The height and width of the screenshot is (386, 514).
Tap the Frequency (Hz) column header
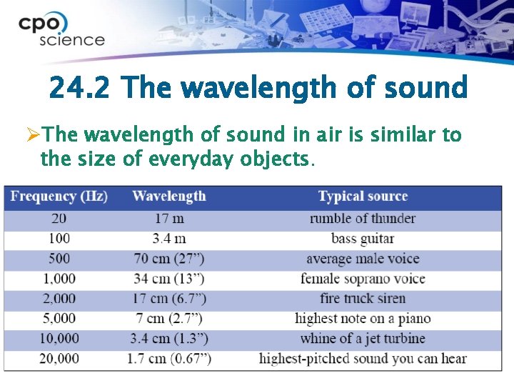[x=59, y=197]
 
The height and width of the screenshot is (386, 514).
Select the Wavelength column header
[x=169, y=197]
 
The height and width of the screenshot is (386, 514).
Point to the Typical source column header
[x=363, y=197]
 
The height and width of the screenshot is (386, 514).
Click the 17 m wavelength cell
[x=169, y=219]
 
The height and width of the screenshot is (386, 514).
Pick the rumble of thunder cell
[x=363, y=219]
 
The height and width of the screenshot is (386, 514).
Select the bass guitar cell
[x=363, y=239]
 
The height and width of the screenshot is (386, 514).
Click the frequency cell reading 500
[x=59, y=259]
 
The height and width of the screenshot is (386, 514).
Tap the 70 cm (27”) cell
[x=169, y=259]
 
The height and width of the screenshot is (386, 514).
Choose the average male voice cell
[x=363, y=259]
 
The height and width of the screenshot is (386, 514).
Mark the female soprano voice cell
[x=363, y=279]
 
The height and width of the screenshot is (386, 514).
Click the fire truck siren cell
[x=363, y=299]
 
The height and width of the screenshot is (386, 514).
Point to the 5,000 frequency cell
[x=59, y=319]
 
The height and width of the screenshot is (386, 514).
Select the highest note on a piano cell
[x=363, y=319]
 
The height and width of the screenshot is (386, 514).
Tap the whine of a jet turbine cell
[x=363, y=339]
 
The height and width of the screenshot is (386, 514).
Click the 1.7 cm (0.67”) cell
[x=169, y=359]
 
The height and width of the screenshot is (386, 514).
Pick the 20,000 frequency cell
[x=59, y=359]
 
